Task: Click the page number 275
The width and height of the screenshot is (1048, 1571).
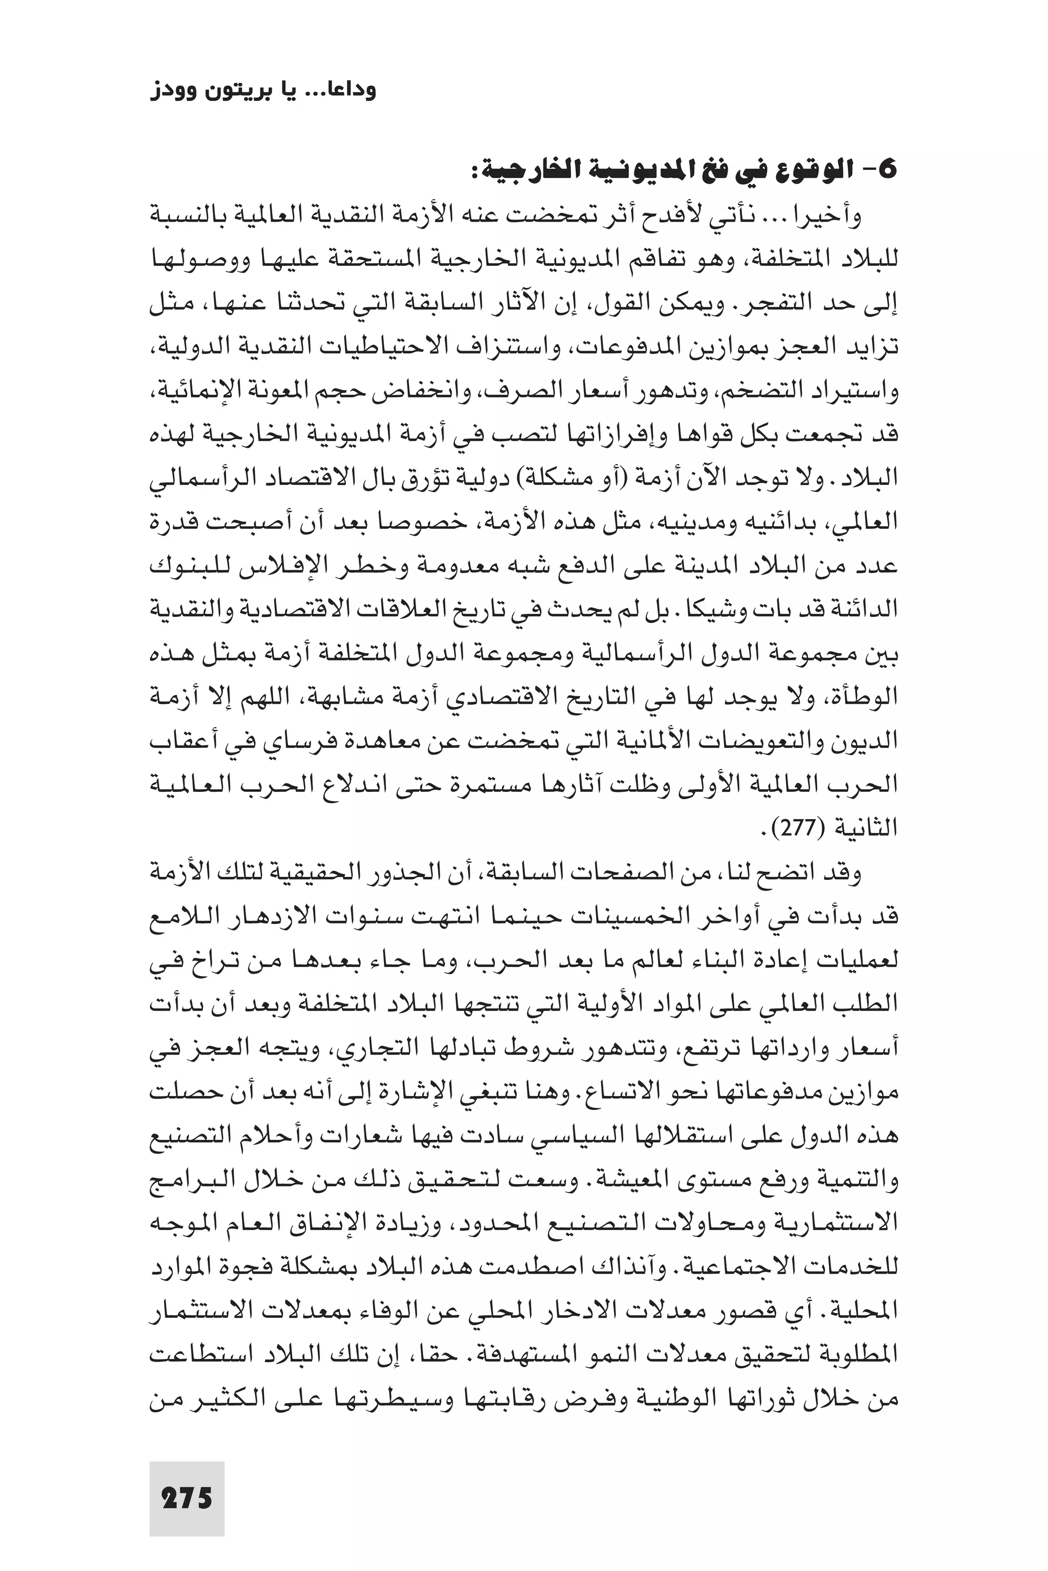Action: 186,1479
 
